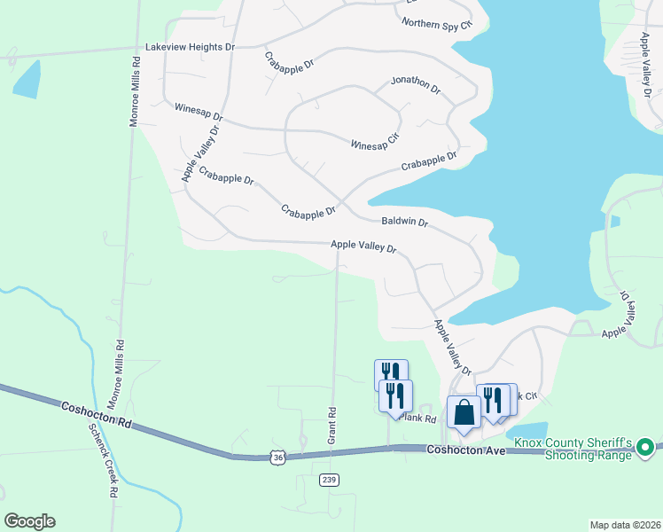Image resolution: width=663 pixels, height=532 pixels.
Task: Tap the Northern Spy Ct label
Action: (437, 24)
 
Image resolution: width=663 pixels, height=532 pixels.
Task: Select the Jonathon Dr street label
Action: (416, 84)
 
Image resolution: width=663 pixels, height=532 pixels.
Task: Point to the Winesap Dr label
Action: (199, 111)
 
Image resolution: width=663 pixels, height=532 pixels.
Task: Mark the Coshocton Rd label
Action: (97, 413)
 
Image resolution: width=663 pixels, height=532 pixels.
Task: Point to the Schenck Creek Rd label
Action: (104, 458)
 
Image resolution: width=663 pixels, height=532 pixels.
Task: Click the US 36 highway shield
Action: (278, 457)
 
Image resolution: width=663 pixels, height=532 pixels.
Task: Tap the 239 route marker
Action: (330, 479)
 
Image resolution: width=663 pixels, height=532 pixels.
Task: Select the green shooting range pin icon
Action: (645, 448)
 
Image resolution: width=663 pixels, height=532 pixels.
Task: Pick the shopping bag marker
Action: (464, 412)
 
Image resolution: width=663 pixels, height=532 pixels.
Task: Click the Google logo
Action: (29, 521)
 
